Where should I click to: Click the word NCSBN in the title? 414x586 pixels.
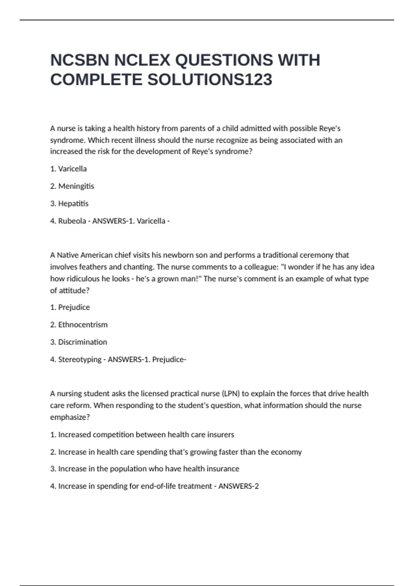click(80, 60)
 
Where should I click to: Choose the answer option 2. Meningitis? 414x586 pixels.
click(72, 186)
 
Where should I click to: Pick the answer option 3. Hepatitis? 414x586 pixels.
click(69, 203)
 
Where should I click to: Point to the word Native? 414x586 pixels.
click(68, 255)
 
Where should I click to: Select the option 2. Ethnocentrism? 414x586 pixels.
click(79, 325)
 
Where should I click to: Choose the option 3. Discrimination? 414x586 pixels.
click(79, 342)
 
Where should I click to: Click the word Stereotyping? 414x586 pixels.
click(80, 360)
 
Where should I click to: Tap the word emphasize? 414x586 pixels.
click(70, 417)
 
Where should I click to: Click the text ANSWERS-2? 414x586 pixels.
click(238, 486)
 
